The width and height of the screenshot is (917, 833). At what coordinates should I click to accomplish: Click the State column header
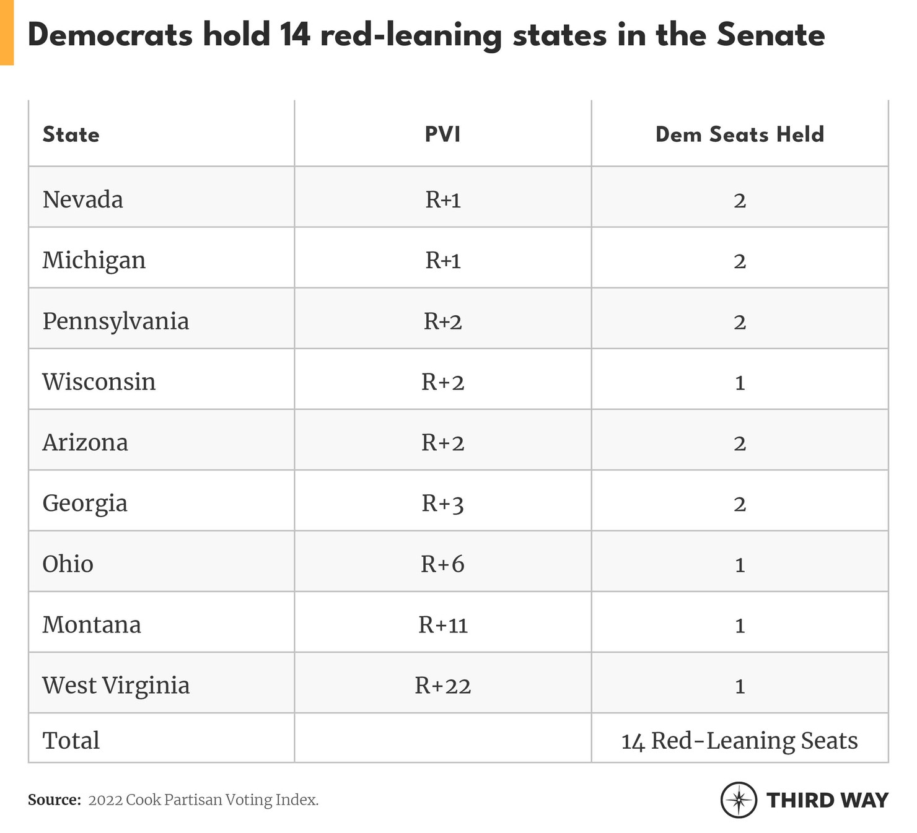point(71,134)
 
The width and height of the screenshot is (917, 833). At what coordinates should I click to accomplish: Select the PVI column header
point(442,134)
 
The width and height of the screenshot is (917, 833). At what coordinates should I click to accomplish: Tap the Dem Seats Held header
point(739,134)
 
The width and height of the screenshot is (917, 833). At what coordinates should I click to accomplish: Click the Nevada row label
point(82,199)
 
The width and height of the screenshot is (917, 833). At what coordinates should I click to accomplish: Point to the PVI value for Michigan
point(442,260)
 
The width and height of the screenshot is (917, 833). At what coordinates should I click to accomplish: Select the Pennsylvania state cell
point(115,321)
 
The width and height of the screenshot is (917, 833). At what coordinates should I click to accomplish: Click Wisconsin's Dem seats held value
point(739,382)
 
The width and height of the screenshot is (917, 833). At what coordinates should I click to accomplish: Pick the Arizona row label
point(85,442)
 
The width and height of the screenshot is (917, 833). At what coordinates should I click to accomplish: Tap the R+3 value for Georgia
point(442,503)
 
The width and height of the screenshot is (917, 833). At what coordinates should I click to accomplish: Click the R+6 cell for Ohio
point(442,564)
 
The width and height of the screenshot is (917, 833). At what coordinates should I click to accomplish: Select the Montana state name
point(92,624)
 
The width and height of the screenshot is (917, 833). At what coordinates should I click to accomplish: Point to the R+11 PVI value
point(442,624)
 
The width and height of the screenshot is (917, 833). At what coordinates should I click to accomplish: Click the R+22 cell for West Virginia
point(442,685)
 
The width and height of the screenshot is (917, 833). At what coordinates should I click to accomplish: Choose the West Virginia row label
point(116,685)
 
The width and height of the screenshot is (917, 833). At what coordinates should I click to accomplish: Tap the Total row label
point(71,740)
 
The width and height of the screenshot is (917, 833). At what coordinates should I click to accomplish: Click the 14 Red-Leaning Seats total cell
point(739,740)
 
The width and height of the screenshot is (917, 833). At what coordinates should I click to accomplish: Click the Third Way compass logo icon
point(738,800)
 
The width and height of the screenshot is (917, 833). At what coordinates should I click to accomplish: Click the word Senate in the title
point(770,35)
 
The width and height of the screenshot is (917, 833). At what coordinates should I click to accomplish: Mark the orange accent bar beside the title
point(6,32)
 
